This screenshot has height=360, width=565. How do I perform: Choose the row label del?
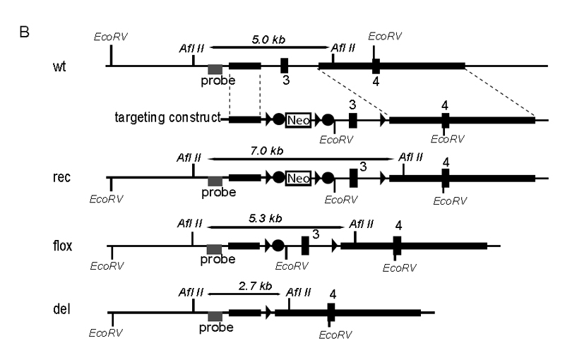(60, 308)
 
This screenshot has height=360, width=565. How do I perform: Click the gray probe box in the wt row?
(215, 68)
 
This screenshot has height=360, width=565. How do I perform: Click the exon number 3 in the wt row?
(285, 80)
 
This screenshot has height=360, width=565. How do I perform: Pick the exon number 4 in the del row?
(332, 294)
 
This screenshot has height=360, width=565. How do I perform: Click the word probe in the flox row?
(218, 260)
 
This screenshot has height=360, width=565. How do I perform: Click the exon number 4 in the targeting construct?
(444, 104)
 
